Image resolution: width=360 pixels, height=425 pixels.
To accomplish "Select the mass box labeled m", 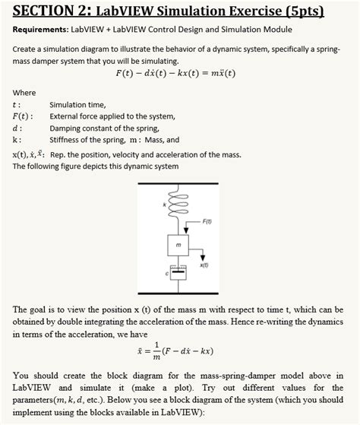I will tap(176, 245).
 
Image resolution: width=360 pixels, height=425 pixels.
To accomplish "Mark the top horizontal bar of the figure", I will tap(179, 183).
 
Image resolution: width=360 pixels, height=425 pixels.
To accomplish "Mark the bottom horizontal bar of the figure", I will tap(179, 294).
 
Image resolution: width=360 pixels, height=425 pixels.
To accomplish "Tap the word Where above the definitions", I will tap(24, 92).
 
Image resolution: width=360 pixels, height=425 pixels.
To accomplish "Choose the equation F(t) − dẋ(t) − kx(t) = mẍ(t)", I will tap(175, 73).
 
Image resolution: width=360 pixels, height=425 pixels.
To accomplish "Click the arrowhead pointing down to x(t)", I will tap(202, 256).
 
